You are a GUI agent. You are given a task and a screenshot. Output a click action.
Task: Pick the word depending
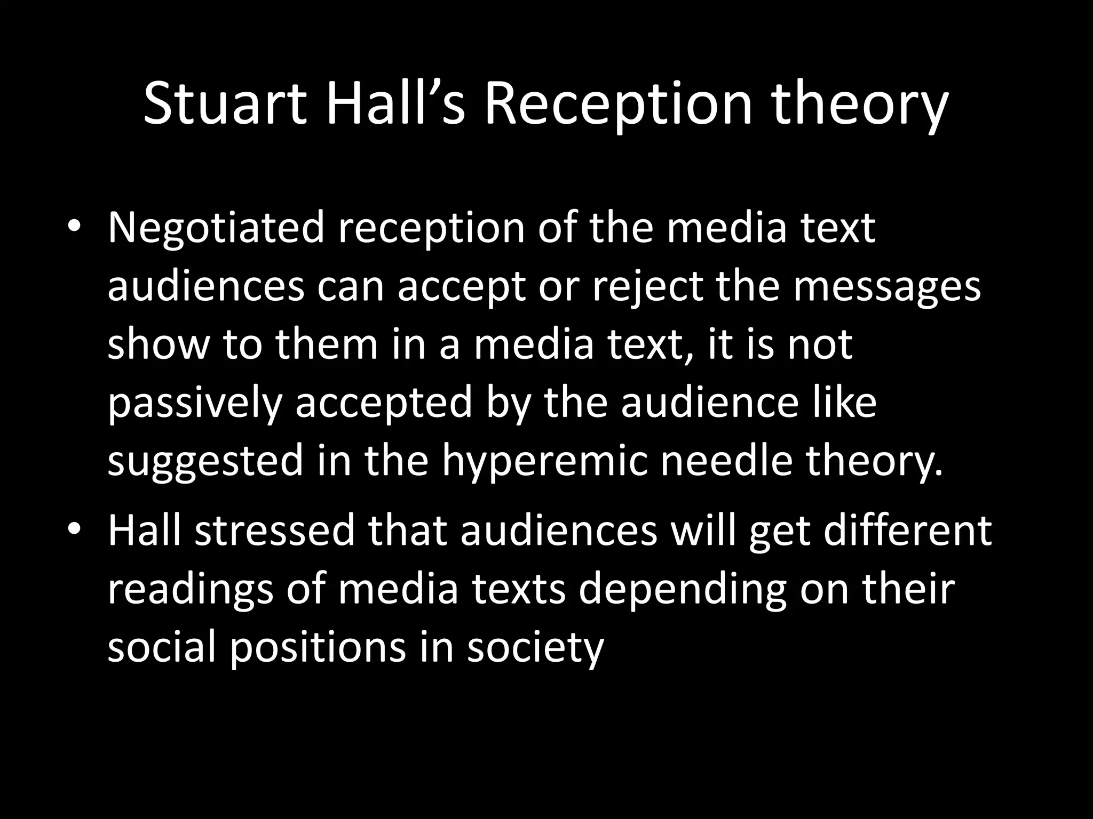[x=683, y=590]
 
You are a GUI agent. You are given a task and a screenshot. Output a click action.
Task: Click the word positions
[x=319, y=648]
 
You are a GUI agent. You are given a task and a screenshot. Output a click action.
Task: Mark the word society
[x=535, y=648]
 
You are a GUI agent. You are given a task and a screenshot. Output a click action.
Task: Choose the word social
[x=162, y=647]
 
